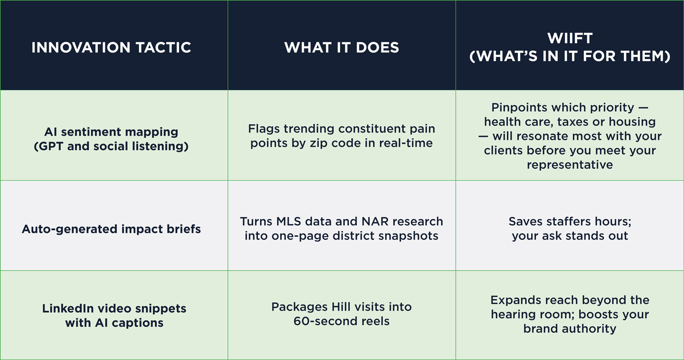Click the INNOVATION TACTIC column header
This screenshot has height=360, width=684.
point(111,47)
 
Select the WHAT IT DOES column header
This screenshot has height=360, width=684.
point(341,47)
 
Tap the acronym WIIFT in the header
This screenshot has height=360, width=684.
point(570,38)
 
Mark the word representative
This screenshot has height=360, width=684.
point(570,165)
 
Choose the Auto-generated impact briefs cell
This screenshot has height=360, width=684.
point(111,229)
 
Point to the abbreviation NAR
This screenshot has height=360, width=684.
point(375,222)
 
